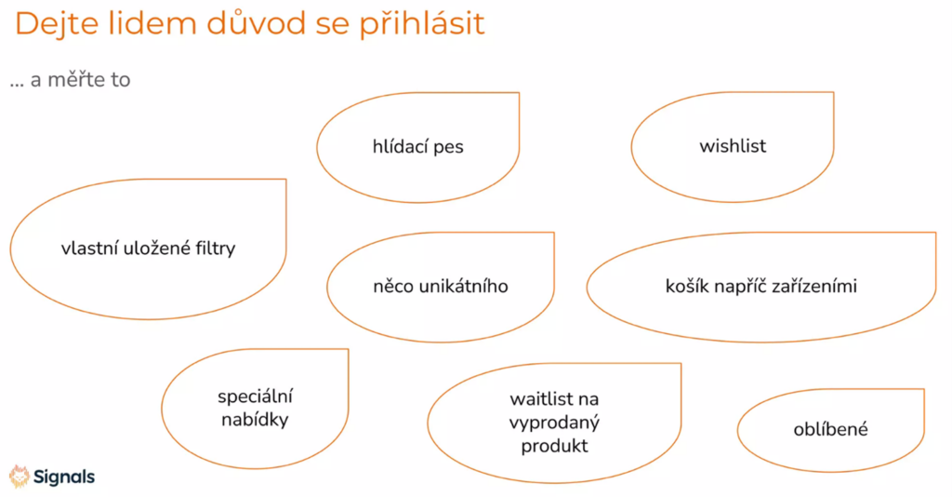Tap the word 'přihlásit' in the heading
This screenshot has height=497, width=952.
coord(421,24)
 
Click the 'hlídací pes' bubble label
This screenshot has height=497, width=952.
coord(417,146)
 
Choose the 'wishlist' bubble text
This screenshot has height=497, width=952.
coord(733,146)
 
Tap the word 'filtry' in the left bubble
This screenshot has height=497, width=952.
coord(215,248)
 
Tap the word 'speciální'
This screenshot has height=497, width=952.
coord(255,396)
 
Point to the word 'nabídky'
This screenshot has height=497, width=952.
coord(255,419)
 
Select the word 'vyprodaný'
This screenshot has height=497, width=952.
coord(554,423)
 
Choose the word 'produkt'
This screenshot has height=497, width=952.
coord(554,446)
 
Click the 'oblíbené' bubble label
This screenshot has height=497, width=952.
coord(830,429)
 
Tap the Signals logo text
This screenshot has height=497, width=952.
coord(64,477)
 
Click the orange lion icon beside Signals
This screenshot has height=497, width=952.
coord(20,477)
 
